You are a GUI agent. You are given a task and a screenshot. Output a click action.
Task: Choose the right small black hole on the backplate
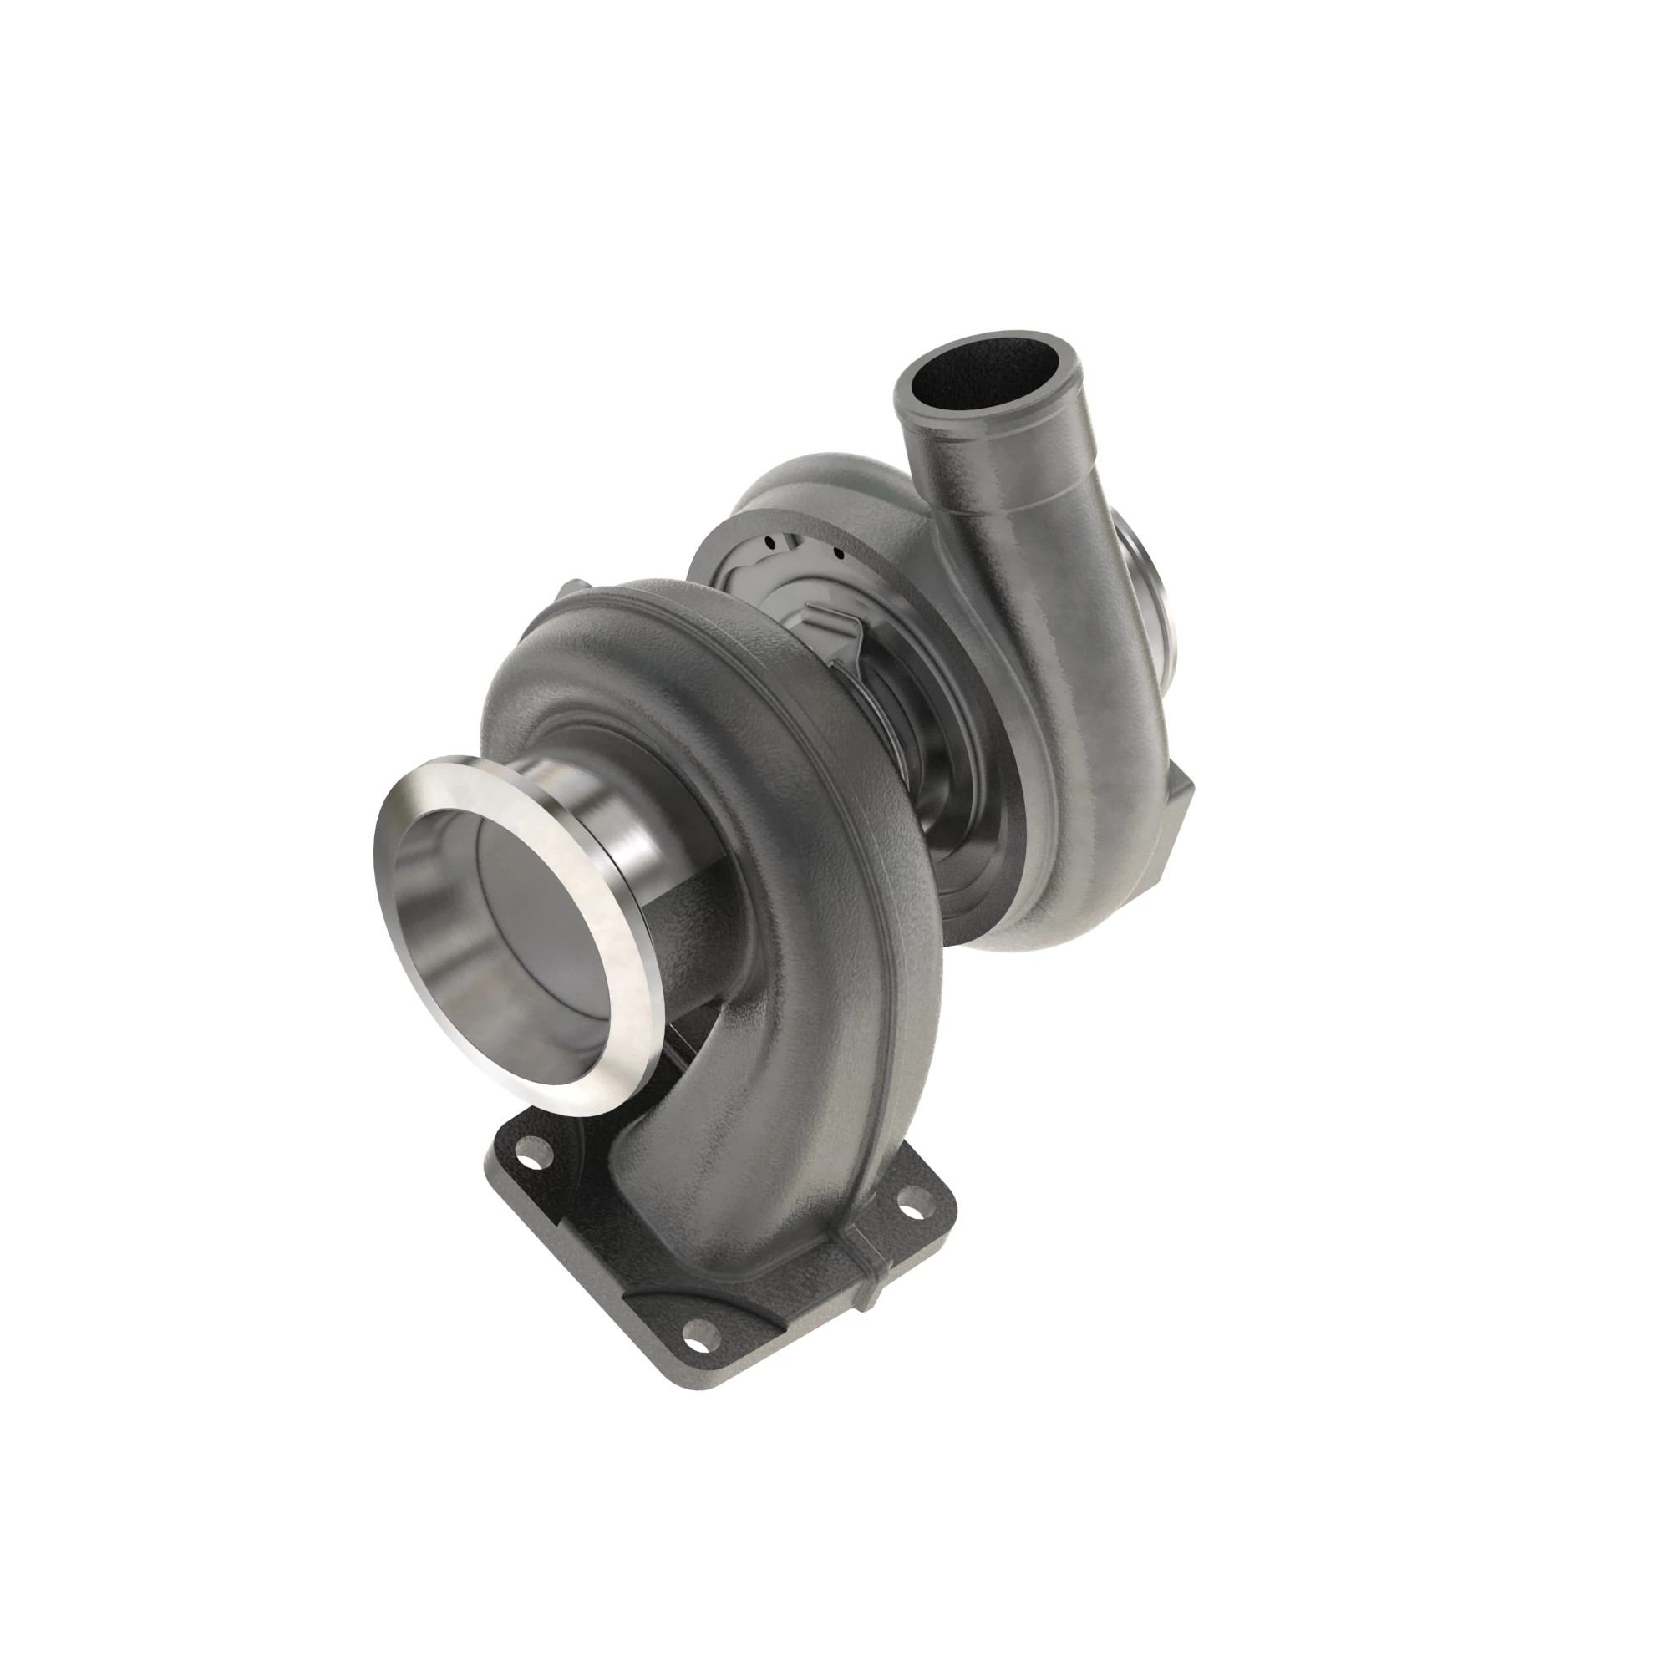pos(837,551)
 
